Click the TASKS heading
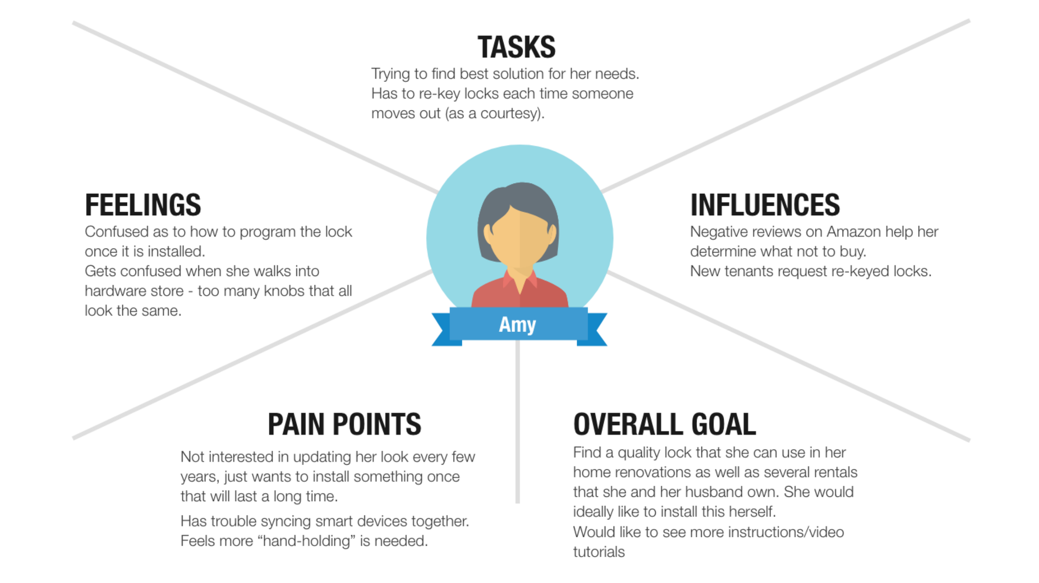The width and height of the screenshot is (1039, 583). (516, 47)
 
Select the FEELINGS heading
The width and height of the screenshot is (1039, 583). (143, 205)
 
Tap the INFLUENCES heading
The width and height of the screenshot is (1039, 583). (765, 205)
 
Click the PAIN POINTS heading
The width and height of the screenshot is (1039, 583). (345, 424)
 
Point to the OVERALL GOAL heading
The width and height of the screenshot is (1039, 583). (665, 424)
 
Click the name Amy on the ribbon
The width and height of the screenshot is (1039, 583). (517, 325)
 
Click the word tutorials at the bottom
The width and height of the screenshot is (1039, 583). (599, 552)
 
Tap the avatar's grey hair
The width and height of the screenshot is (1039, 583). (519, 195)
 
